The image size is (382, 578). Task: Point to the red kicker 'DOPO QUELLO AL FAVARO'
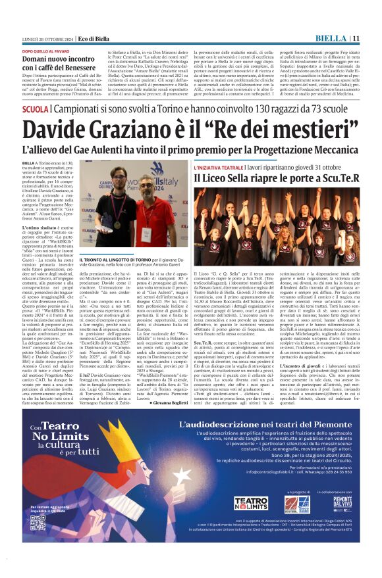[x=45, y=51]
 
